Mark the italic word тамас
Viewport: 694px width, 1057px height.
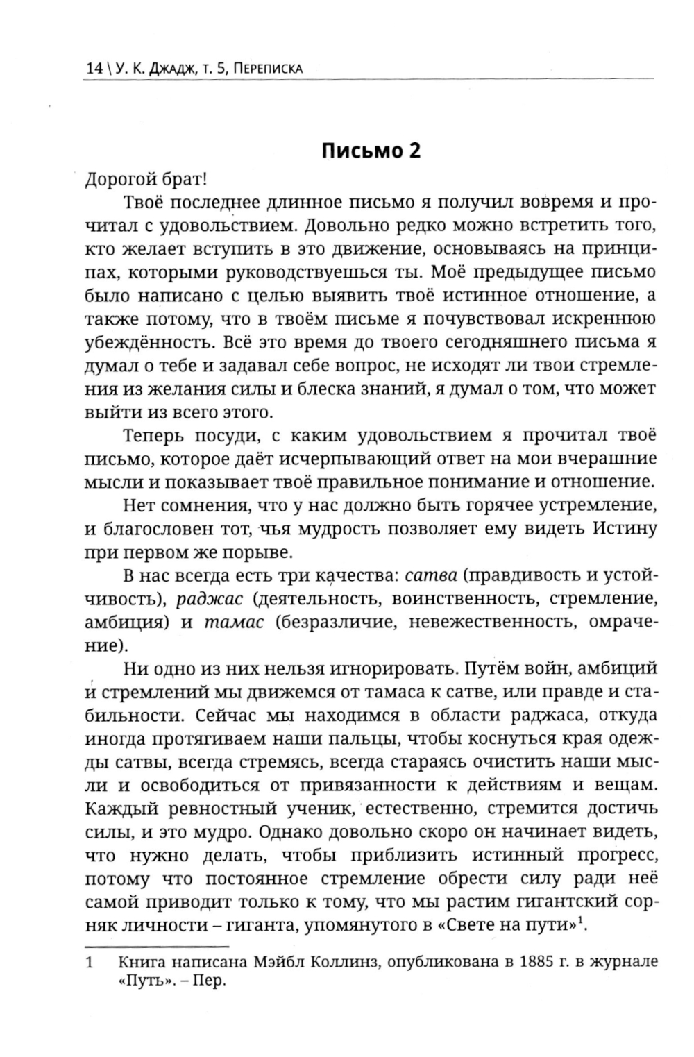tap(234, 622)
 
